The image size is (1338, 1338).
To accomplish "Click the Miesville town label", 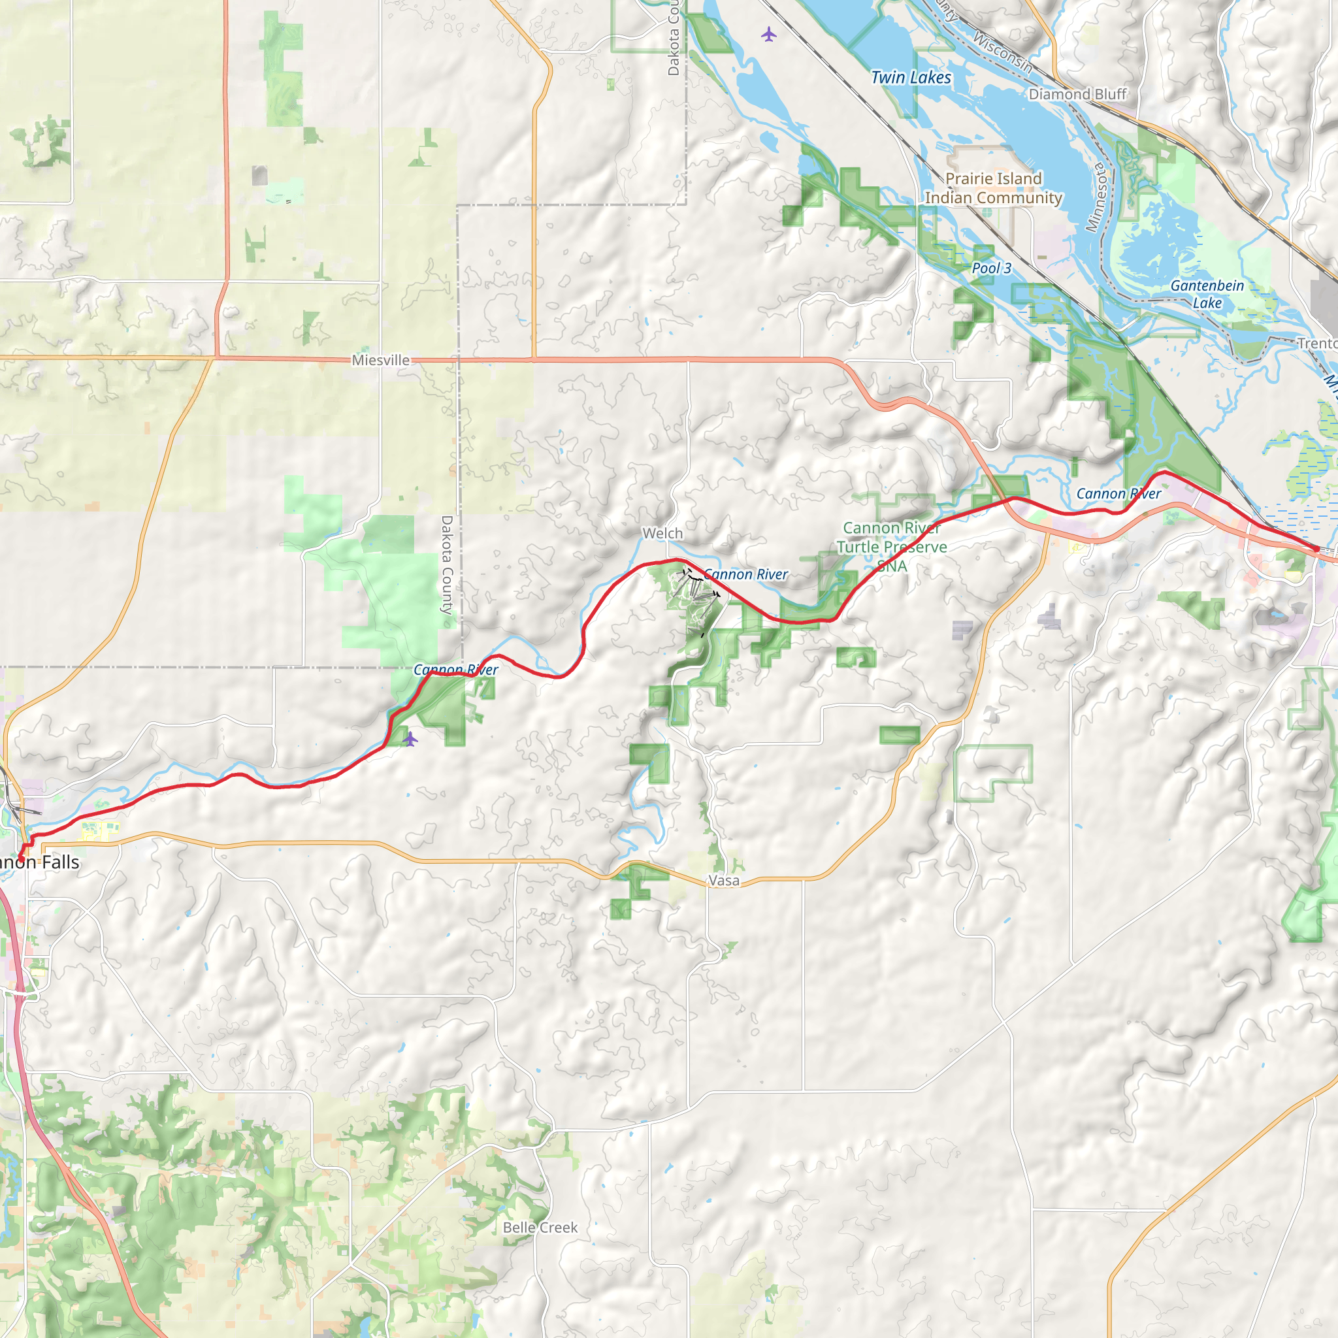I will pyautogui.click(x=380, y=360).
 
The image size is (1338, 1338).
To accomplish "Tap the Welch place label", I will pyautogui.click(x=662, y=533).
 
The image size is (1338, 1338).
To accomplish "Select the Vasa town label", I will pyautogui.click(x=724, y=880).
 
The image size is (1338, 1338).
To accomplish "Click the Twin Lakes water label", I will pyautogui.click(x=911, y=78).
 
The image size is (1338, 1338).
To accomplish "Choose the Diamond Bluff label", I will pyautogui.click(x=1077, y=94).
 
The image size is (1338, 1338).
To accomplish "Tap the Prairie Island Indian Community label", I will pyautogui.click(x=993, y=188).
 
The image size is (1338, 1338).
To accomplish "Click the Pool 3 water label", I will pyautogui.click(x=991, y=268).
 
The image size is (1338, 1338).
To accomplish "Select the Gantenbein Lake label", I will pyautogui.click(x=1207, y=293).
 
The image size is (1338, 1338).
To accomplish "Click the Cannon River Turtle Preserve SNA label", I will pyautogui.click(x=891, y=547).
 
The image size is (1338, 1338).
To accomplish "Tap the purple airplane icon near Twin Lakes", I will pyautogui.click(x=769, y=34).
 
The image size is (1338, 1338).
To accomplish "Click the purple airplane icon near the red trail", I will pyautogui.click(x=410, y=739).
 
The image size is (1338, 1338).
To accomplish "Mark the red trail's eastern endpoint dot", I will pyautogui.click(x=1316, y=549).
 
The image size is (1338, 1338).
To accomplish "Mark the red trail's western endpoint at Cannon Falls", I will pyautogui.click(x=21, y=860).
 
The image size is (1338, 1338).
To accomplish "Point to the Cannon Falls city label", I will pyautogui.click(x=39, y=862).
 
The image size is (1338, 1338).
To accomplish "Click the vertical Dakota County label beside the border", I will pyautogui.click(x=447, y=564).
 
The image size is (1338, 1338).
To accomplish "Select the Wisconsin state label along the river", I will pyautogui.click(x=1003, y=53).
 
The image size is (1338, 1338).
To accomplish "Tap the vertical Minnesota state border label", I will pyautogui.click(x=1096, y=197).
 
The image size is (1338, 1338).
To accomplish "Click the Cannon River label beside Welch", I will pyautogui.click(x=746, y=574).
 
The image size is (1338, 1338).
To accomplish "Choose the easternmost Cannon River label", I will pyautogui.click(x=1118, y=494).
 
